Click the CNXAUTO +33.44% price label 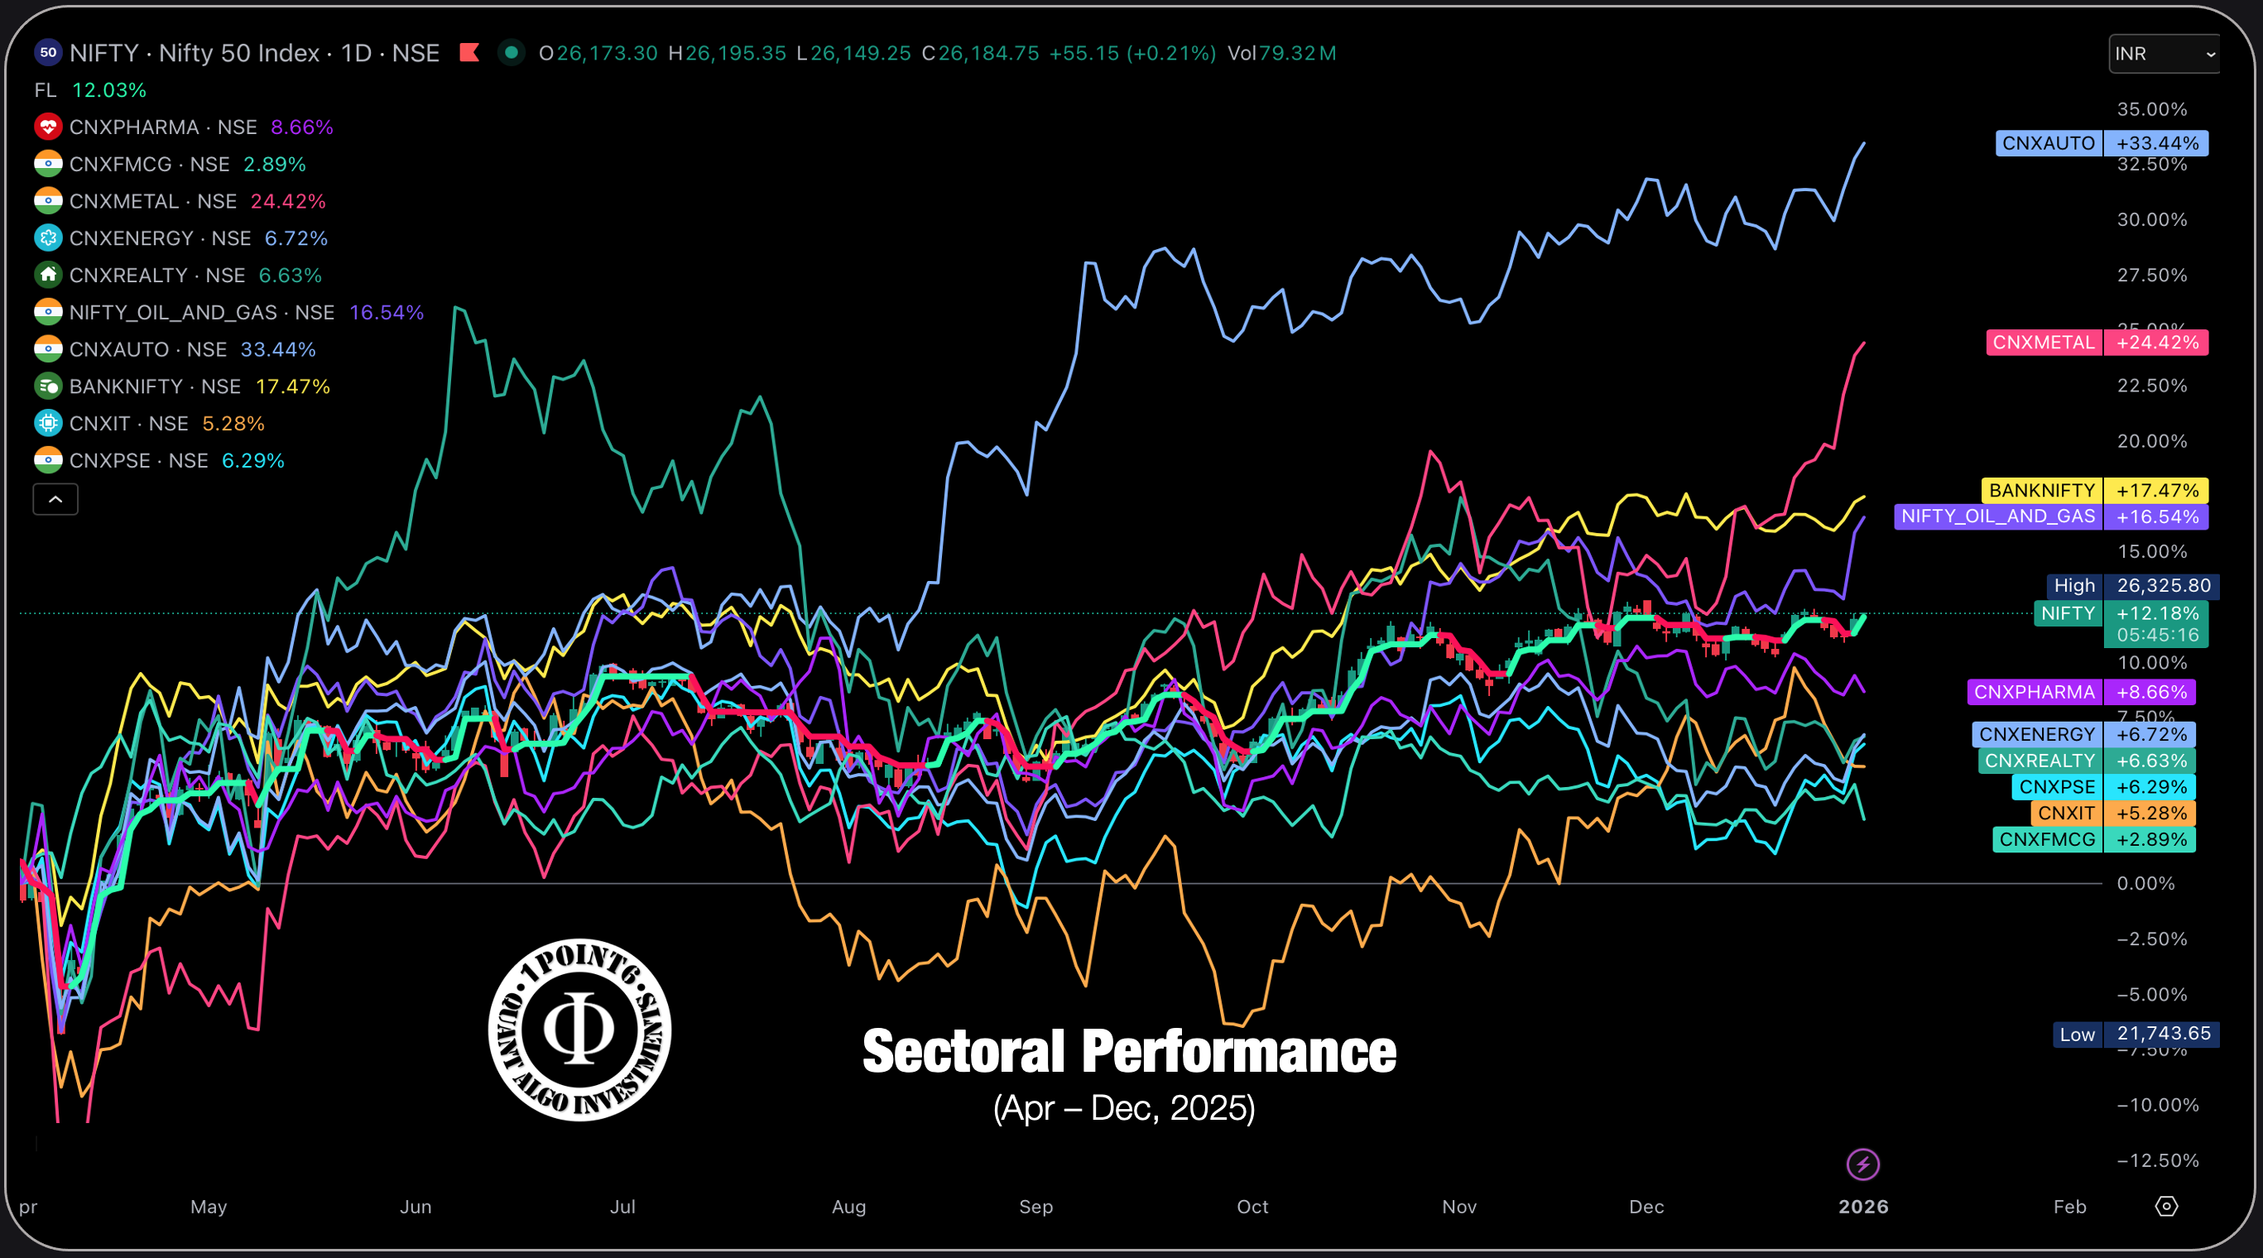point(2101,143)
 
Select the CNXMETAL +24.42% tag point(2096,343)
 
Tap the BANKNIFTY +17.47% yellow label point(2094,490)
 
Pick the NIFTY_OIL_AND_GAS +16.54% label point(2050,516)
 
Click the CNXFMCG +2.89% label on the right point(2093,840)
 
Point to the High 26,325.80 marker point(2131,586)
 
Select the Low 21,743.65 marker point(2135,1034)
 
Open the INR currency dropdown point(2163,54)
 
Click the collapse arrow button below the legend point(55,500)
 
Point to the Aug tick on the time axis point(848,1207)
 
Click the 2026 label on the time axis point(1862,1207)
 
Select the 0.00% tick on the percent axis point(2145,884)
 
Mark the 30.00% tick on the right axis point(2151,219)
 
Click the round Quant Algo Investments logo point(579,1030)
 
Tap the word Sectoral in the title point(963,1052)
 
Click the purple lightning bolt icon point(1862,1164)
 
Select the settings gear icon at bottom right point(2166,1206)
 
